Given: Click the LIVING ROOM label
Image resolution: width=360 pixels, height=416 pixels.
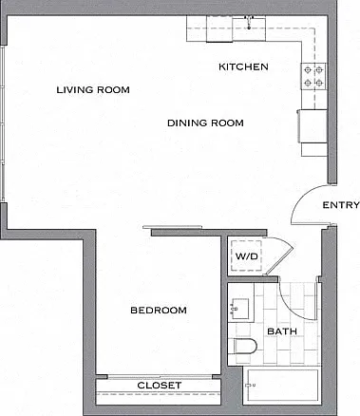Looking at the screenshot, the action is point(93,90).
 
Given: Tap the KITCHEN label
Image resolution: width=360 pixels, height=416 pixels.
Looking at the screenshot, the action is point(243,66).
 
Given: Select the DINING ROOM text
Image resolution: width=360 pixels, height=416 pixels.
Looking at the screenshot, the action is point(205,123).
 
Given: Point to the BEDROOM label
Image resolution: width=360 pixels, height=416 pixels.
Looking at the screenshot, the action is point(159,311).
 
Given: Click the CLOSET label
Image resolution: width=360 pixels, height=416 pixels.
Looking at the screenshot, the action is point(160,386).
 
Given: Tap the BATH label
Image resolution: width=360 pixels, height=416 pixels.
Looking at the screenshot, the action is point(282,331).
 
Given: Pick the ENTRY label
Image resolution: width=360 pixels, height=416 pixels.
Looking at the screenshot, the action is point(341,205).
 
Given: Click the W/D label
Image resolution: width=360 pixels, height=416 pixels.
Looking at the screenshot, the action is point(247,255).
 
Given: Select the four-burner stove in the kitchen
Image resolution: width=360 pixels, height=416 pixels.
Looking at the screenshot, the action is point(313,76).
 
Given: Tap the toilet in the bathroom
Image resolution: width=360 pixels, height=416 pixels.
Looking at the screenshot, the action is point(244,347).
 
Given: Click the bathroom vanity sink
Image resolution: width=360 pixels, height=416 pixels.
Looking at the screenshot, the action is point(240,308).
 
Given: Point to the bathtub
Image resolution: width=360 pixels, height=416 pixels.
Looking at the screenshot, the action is point(282,385).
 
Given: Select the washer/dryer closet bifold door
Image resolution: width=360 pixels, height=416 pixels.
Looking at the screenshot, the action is point(280,254).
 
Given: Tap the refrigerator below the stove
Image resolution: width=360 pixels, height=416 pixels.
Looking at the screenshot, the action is point(313,126).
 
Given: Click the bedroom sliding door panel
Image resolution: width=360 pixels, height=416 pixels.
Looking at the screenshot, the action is point(173,227).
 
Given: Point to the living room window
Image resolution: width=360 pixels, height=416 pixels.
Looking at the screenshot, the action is point(3,123).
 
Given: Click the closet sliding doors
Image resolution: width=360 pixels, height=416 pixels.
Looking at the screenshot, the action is point(160,377).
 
